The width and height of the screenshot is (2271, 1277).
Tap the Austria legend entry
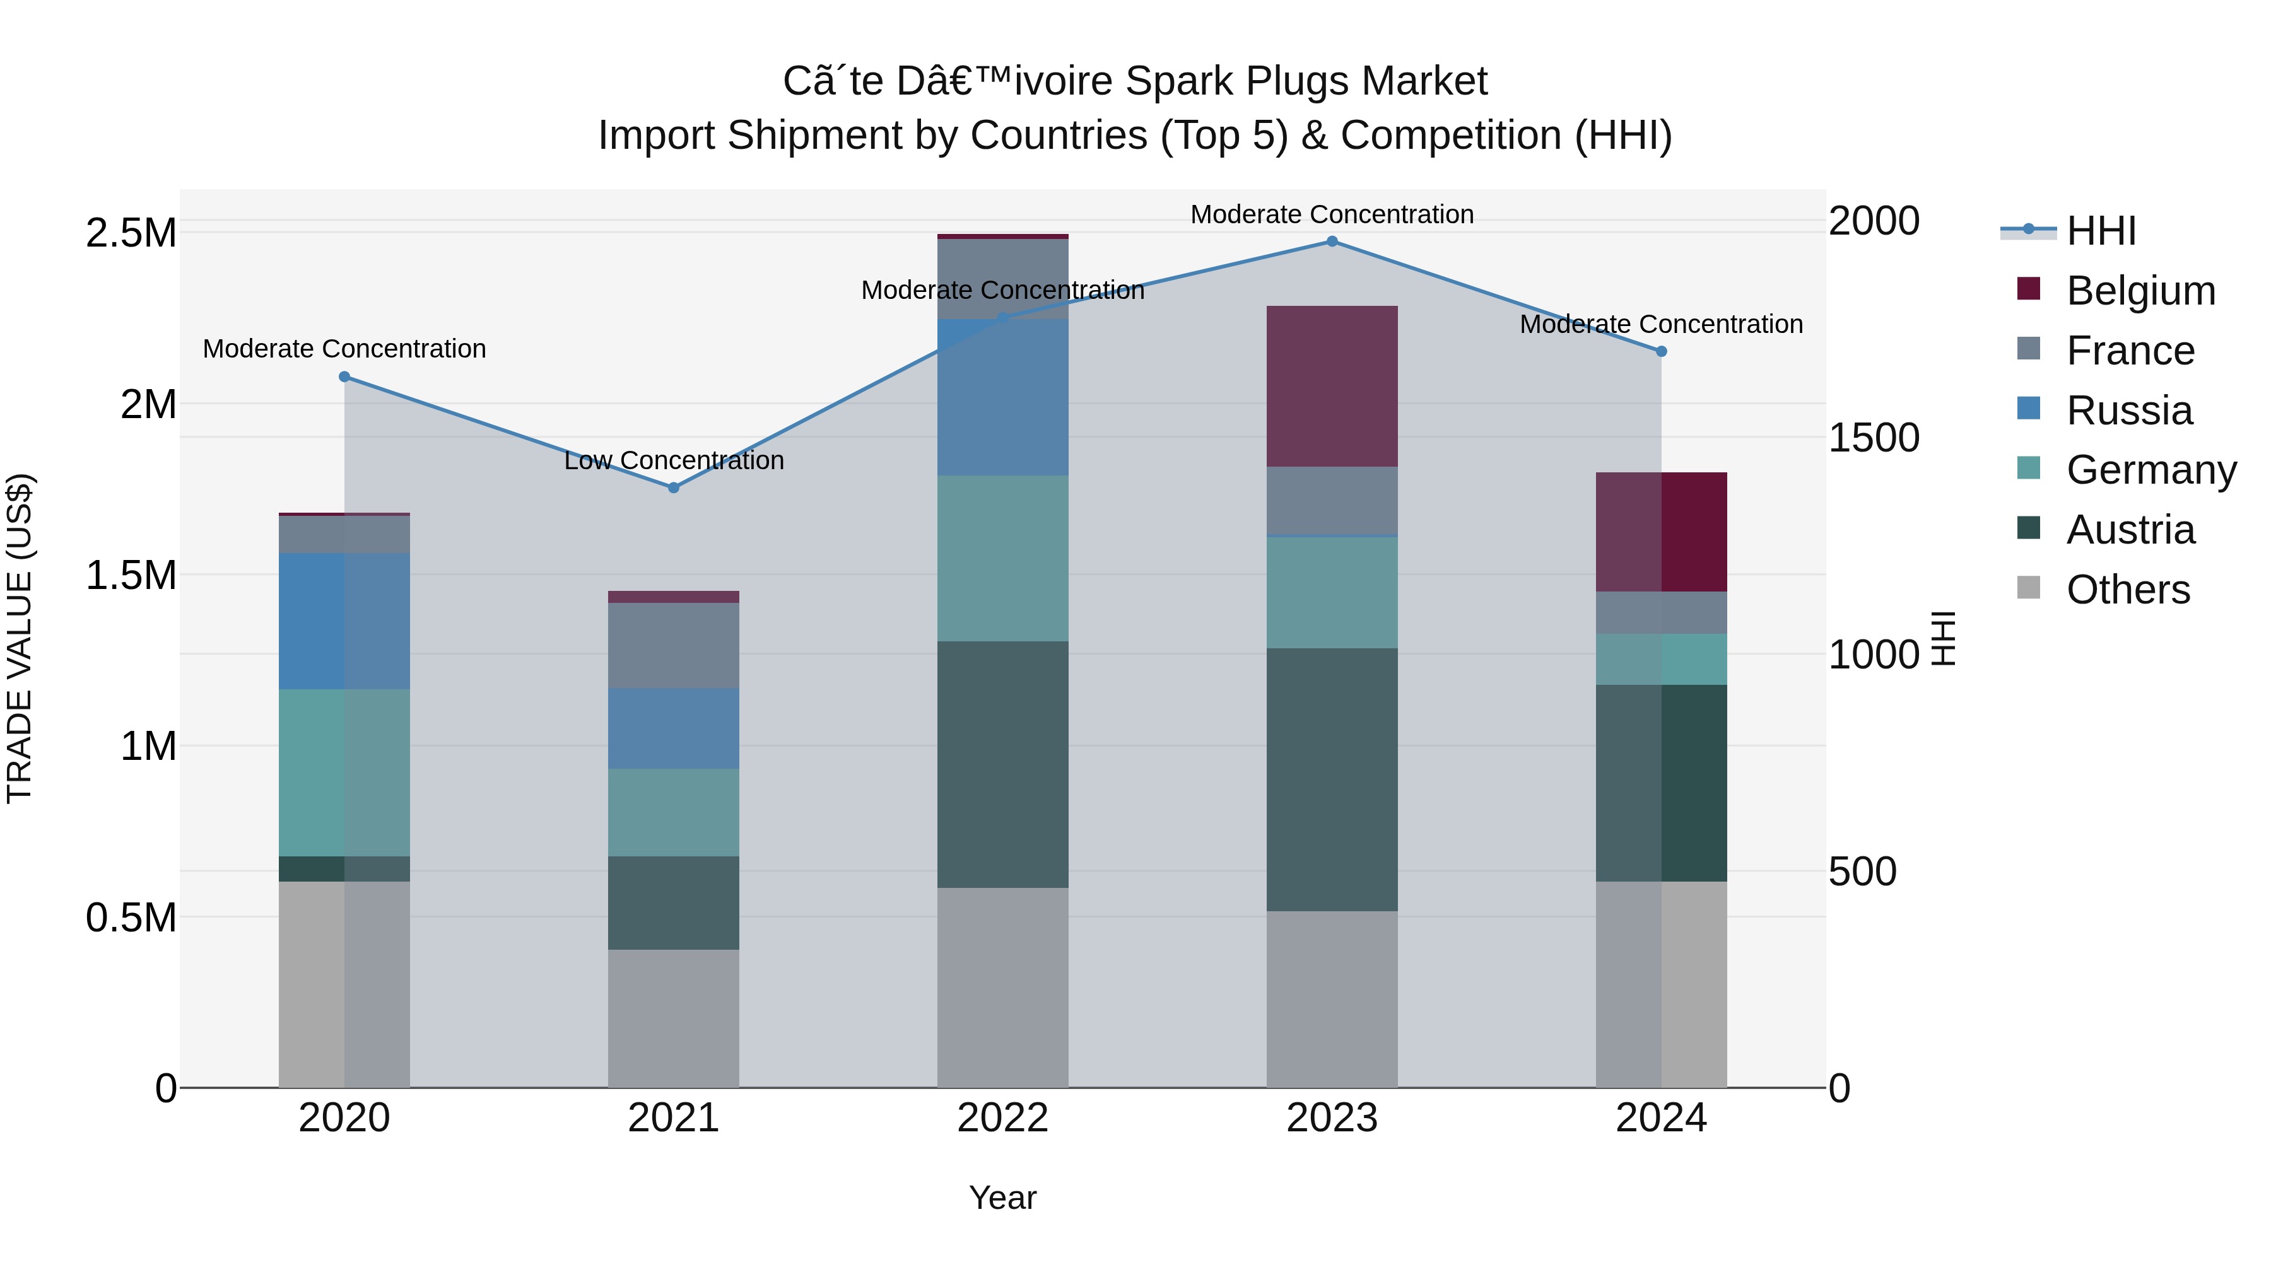tap(2130, 530)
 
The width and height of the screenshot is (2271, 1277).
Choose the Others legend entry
tap(2127, 590)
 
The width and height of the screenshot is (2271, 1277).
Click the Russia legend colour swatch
tap(2029, 409)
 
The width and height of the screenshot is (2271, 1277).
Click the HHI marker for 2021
tap(674, 487)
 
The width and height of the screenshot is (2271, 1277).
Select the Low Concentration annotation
tap(674, 460)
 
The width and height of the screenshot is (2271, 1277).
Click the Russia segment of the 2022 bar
tap(1002, 397)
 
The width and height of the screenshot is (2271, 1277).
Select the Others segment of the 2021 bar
tap(674, 1018)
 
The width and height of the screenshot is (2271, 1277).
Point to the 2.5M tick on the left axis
tap(131, 233)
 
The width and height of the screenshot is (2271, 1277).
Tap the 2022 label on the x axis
tap(1002, 1118)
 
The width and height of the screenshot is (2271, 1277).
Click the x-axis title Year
tap(1002, 1198)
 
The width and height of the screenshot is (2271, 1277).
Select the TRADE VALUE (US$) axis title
tap(20, 638)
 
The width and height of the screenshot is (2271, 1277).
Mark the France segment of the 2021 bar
tap(674, 645)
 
